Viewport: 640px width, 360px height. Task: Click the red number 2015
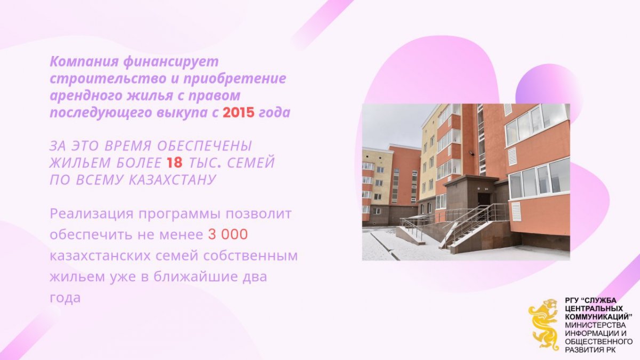pyautogui.click(x=238, y=113)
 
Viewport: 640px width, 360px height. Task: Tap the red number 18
pyautogui.click(x=174, y=163)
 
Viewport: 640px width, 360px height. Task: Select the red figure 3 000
pyautogui.click(x=228, y=235)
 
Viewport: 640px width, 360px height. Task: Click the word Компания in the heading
pyautogui.click(x=84, y=62)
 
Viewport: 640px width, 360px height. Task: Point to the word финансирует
pyautogui.click(x=171, y=62)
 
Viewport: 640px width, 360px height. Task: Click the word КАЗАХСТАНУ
pyautogui.click(x=172, y=180)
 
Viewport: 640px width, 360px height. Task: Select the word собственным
pyautogui.click(x=250, y=255)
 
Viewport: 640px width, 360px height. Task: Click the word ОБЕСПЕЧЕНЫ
pyautogui.click(x=205, y=146)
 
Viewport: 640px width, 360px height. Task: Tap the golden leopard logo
pyautogui.click(x=543, y=325)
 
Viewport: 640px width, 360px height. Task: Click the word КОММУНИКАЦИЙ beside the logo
pyautogui.click(x=598, y=317)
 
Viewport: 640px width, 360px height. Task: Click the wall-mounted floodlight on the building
pyautogui.click(x=471, y=153)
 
